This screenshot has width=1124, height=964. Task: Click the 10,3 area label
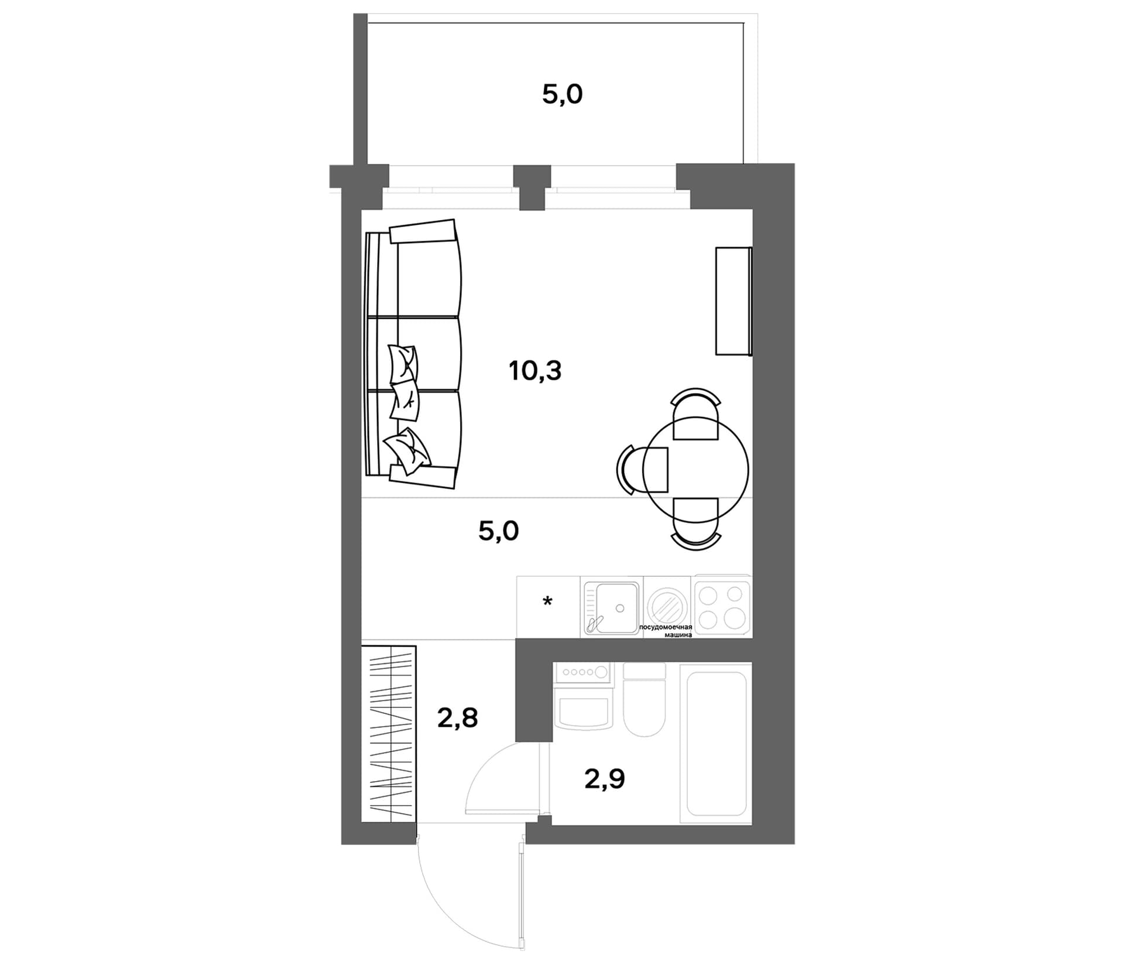pyautogui.click(x=535, y=371)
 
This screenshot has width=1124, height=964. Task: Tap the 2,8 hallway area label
pyautogui.click(x=457, y=717)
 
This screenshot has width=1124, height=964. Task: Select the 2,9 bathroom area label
pyautogui.click(x=605, y=779)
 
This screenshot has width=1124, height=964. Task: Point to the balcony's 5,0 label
pyautogui.click(x=562, y=94)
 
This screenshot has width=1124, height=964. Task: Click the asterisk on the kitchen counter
pyautogui.click(x=547, y=601)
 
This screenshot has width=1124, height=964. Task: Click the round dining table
pyautogui.click(x=695, y=469)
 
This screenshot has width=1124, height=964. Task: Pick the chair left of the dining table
pyautogui.click(x=642, y=469)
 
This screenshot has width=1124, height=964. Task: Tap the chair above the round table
pyautogui.click(x=695, y=413)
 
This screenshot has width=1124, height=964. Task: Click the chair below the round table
pyautogui.click(x=695, y=524)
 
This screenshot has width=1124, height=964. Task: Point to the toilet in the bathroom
pyautogui.click(x=644, y=699)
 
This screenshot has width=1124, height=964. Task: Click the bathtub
pyautogui.click(x=715, y=743)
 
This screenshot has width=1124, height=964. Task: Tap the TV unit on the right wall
pyautogui.click(x=734, y=301)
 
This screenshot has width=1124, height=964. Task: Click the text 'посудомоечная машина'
pyautogui.click(x=666, y=630)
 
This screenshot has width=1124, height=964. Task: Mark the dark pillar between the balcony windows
pyautogui.click(x=532, y=187)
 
